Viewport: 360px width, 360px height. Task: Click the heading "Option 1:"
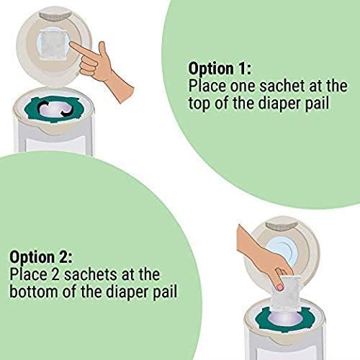click(x=219, y=68)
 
